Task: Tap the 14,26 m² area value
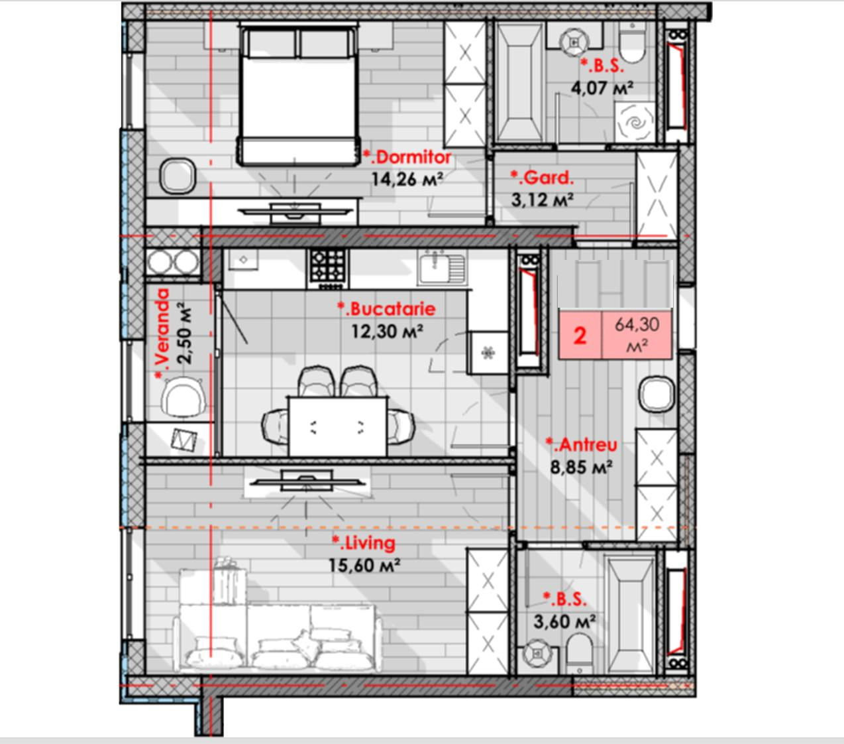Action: [x=407, y=179]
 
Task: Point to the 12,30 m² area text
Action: [x=387, y=332]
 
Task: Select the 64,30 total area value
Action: [x=637, y=324]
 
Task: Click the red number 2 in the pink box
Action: [x=580, y=336]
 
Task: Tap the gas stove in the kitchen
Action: [x=328, y=267]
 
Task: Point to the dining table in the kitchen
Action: [x=337, y=426]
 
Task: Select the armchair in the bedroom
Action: [x=178, y=176]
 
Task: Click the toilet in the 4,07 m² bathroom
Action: [x=632, y=43]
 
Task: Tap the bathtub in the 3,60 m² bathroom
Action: [x=631, y=611]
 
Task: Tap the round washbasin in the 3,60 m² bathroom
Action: [x=537, y=654]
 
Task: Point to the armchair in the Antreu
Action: [x=657, y=394]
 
